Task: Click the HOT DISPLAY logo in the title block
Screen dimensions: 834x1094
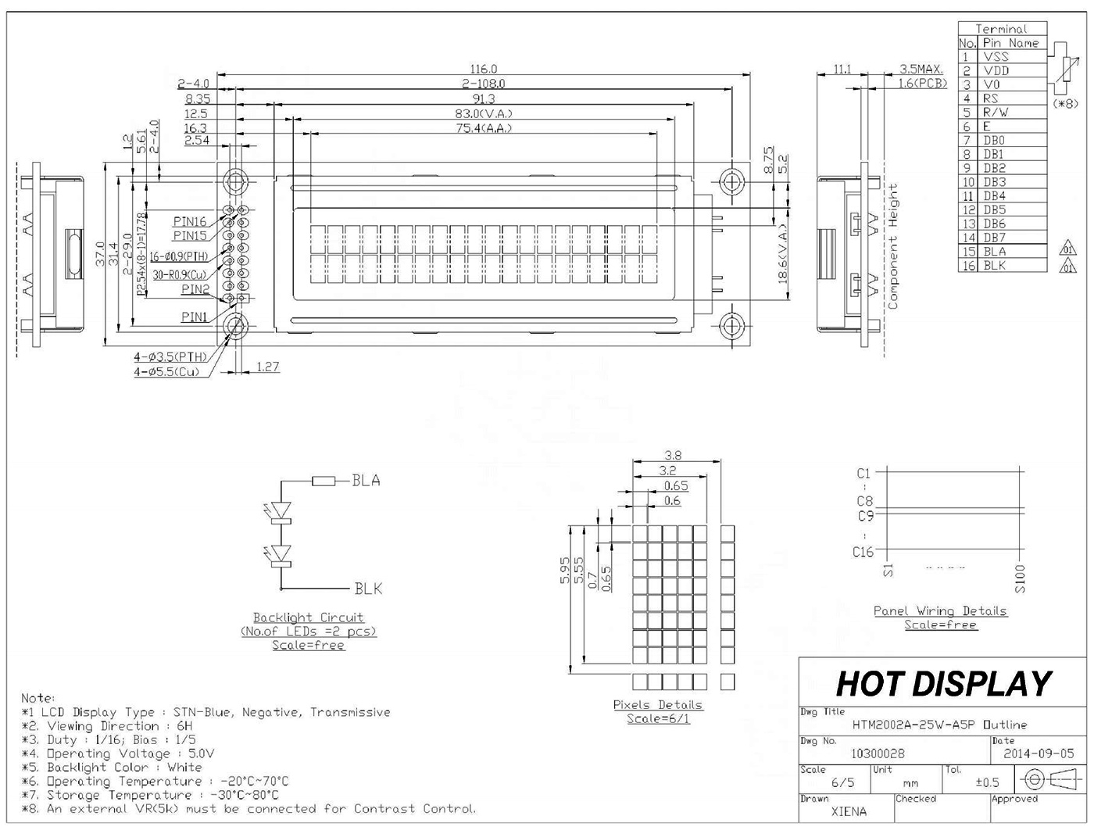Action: [943, 684]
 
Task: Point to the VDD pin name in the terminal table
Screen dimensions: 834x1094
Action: [996, 70]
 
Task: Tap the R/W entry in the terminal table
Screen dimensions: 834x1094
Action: [996, 113]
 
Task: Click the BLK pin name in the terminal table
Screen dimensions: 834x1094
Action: [995, 266]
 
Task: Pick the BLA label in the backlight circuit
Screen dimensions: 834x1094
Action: [366, 481]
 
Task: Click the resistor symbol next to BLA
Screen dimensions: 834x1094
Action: [324, 481]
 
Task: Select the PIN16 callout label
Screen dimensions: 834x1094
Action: [189, 222]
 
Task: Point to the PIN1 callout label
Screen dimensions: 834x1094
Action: [194, 317]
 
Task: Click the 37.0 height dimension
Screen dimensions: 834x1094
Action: [100, 254]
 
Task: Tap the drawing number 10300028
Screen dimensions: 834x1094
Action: [878, 753]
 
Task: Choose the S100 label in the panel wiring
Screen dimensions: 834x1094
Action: [1020, 579]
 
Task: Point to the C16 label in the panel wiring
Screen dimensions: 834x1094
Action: [863, 552]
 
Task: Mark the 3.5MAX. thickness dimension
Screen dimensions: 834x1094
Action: [921, 70]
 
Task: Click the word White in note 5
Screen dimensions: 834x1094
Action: [184, 768]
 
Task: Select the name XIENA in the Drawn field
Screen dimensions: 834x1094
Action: [849, 811]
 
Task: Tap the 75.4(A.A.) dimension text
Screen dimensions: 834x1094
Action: [484, 128]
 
